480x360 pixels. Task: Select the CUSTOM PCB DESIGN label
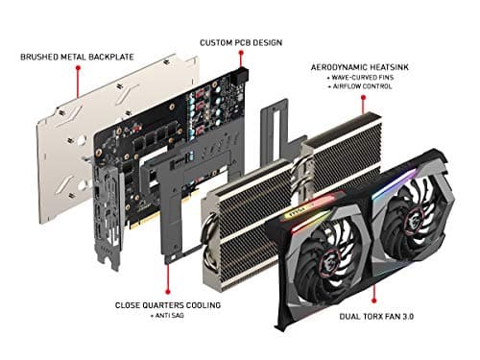point(239,43)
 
